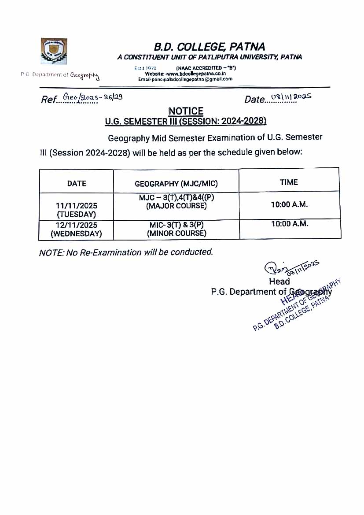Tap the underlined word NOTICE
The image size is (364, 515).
pyautogui.click(x=186, y=111)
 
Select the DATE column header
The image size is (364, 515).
pyautogui.click(x=77, y=183)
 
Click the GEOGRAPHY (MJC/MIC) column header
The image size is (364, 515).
pyautogui.click(x=176, y=184)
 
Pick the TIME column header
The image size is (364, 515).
pyautogui.click(x=289, y=182)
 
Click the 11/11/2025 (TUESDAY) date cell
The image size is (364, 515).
pyautogui.click(x=77, y=210)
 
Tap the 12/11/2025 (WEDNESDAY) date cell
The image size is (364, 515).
pyautogui.click(x=77, y=229)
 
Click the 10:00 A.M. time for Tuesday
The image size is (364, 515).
pyautogui.click(x=289, y=204)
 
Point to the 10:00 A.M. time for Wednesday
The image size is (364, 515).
pyautogui.click(x=289, y=224)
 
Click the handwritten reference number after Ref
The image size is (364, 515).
pyautogui.click(x=92, y=98)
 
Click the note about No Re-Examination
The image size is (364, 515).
pyautogui.click(x=126, y=252)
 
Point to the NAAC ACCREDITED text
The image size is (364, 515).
pyautogui.click(x=206, y=68)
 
